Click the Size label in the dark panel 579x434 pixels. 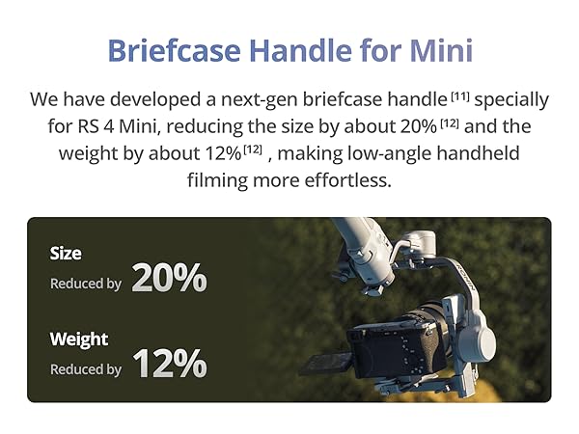coord(66,254)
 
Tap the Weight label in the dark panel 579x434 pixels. coord(79,339)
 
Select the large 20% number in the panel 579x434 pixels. coord(170,278)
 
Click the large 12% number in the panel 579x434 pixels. coord(170,364)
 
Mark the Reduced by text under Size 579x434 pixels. coord(86,284)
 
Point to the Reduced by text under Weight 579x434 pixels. coord(86,369)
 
